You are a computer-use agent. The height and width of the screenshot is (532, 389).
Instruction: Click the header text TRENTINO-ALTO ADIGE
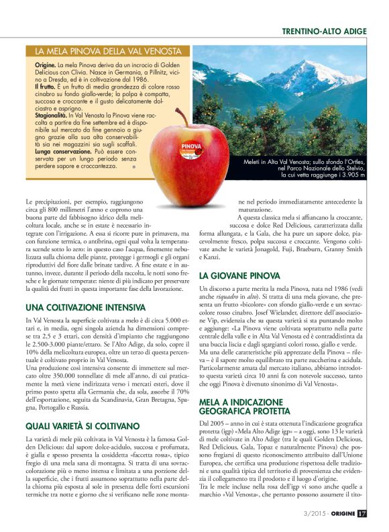pyautogui.click(x=324, y=32)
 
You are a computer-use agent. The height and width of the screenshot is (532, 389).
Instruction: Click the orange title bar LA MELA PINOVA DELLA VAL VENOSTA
pyautogui.click(x=109, y=51)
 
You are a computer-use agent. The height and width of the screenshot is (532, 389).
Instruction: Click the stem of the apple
pyautogui.click(x=182, y=116)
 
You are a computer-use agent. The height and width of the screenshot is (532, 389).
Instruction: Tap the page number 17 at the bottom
pyautogui.click(x=362, y=515)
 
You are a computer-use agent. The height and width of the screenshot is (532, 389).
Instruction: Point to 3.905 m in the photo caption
pyautogui.click(x=351, y=175)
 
